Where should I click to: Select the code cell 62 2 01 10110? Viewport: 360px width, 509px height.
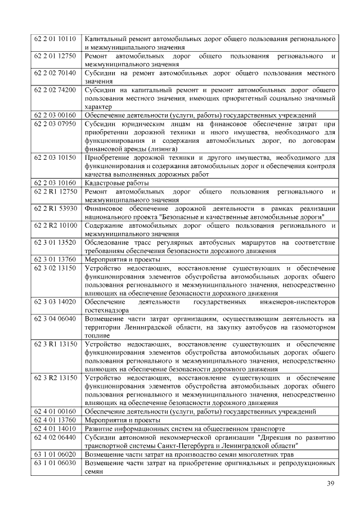[55, 39]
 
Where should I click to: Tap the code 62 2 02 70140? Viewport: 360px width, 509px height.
[55, 73]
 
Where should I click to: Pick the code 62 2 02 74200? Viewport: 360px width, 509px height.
[55, 90]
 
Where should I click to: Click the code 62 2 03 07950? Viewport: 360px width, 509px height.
[55, 124]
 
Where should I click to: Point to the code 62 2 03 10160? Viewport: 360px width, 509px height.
[55, 183]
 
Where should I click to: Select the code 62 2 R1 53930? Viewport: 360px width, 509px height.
[55, 208]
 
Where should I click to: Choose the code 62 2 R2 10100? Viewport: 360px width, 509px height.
[55, 225]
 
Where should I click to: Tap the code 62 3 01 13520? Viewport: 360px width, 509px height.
[55, 242]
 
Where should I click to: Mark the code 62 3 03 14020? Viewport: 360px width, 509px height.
[55, 301]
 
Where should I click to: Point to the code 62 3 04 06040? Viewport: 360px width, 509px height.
[55, 318]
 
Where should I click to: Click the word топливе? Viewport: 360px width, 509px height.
[98, 335]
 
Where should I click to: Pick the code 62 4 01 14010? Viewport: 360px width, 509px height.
[55, 429]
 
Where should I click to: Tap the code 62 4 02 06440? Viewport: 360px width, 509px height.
[55, 437]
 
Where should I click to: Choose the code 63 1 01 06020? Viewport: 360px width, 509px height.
[55, 454]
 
